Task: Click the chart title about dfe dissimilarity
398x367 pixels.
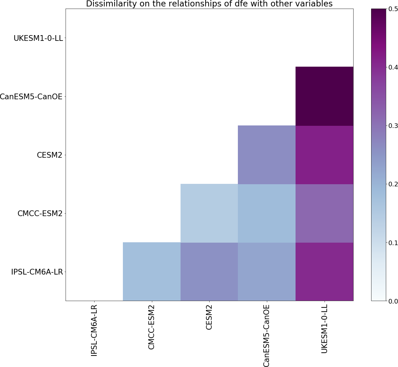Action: pyautogui.click(x=209, y=4)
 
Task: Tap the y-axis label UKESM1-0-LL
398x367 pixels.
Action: pyautogui.click(x=38, y=38)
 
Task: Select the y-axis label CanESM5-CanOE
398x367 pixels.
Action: pyautogui.click(x=31, y=97)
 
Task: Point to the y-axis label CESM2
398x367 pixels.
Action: pyautogui.click(x=50, y=155)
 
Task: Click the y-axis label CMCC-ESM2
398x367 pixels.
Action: pyautogui.click(x=40, y=214)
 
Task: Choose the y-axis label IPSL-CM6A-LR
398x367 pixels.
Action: pyautogui.click(x=37, y=272)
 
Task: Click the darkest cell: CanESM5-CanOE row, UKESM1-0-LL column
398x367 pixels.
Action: pyautogui.click(x=324, y=96)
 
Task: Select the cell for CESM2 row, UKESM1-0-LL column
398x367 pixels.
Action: pyautogui.click(x=324, y=155)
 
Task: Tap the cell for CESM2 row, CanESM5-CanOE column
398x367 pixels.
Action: pyautogui.click(x=267, y=155)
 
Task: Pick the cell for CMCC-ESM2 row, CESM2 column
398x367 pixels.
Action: pyautogui.click(x=209, y=213)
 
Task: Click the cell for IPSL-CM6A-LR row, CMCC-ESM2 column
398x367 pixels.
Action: pyautogui.click(x=152, y=272)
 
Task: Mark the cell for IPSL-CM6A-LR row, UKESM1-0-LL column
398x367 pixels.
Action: pyautogui.click(x=324, y=272)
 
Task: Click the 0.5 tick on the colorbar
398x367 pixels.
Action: pyautogui.click(x=393, y=9)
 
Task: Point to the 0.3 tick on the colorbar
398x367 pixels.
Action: pyautogui.click(x=393, y=126)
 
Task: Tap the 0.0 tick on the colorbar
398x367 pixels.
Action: pyautogui.click(x=393, y=301)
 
